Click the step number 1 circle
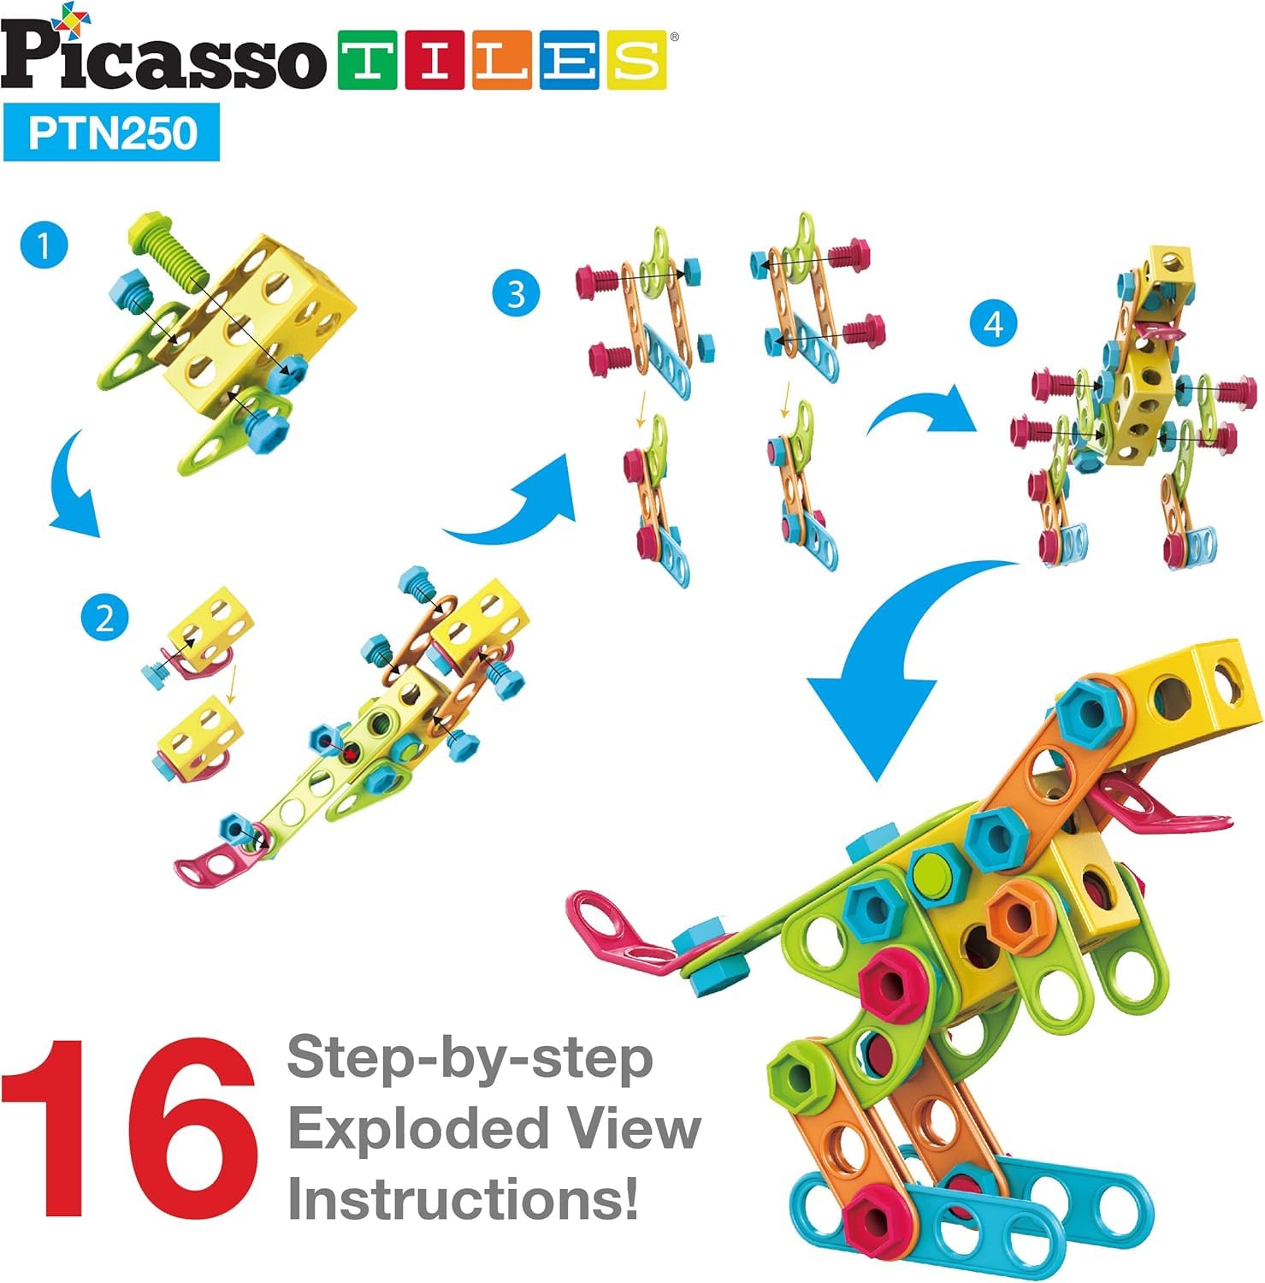coord(44,246)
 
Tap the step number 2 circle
coord(104,617)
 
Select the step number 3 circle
coord(516,294)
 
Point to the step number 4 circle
coord(993,324)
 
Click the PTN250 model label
coord(112,133)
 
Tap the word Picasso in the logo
coord(163,58)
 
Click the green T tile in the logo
coord(368,61)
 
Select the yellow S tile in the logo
coord(637,61)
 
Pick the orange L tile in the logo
coord(503,61)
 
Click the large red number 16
coord(128,1129)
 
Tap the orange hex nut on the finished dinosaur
coord(1017,913)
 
